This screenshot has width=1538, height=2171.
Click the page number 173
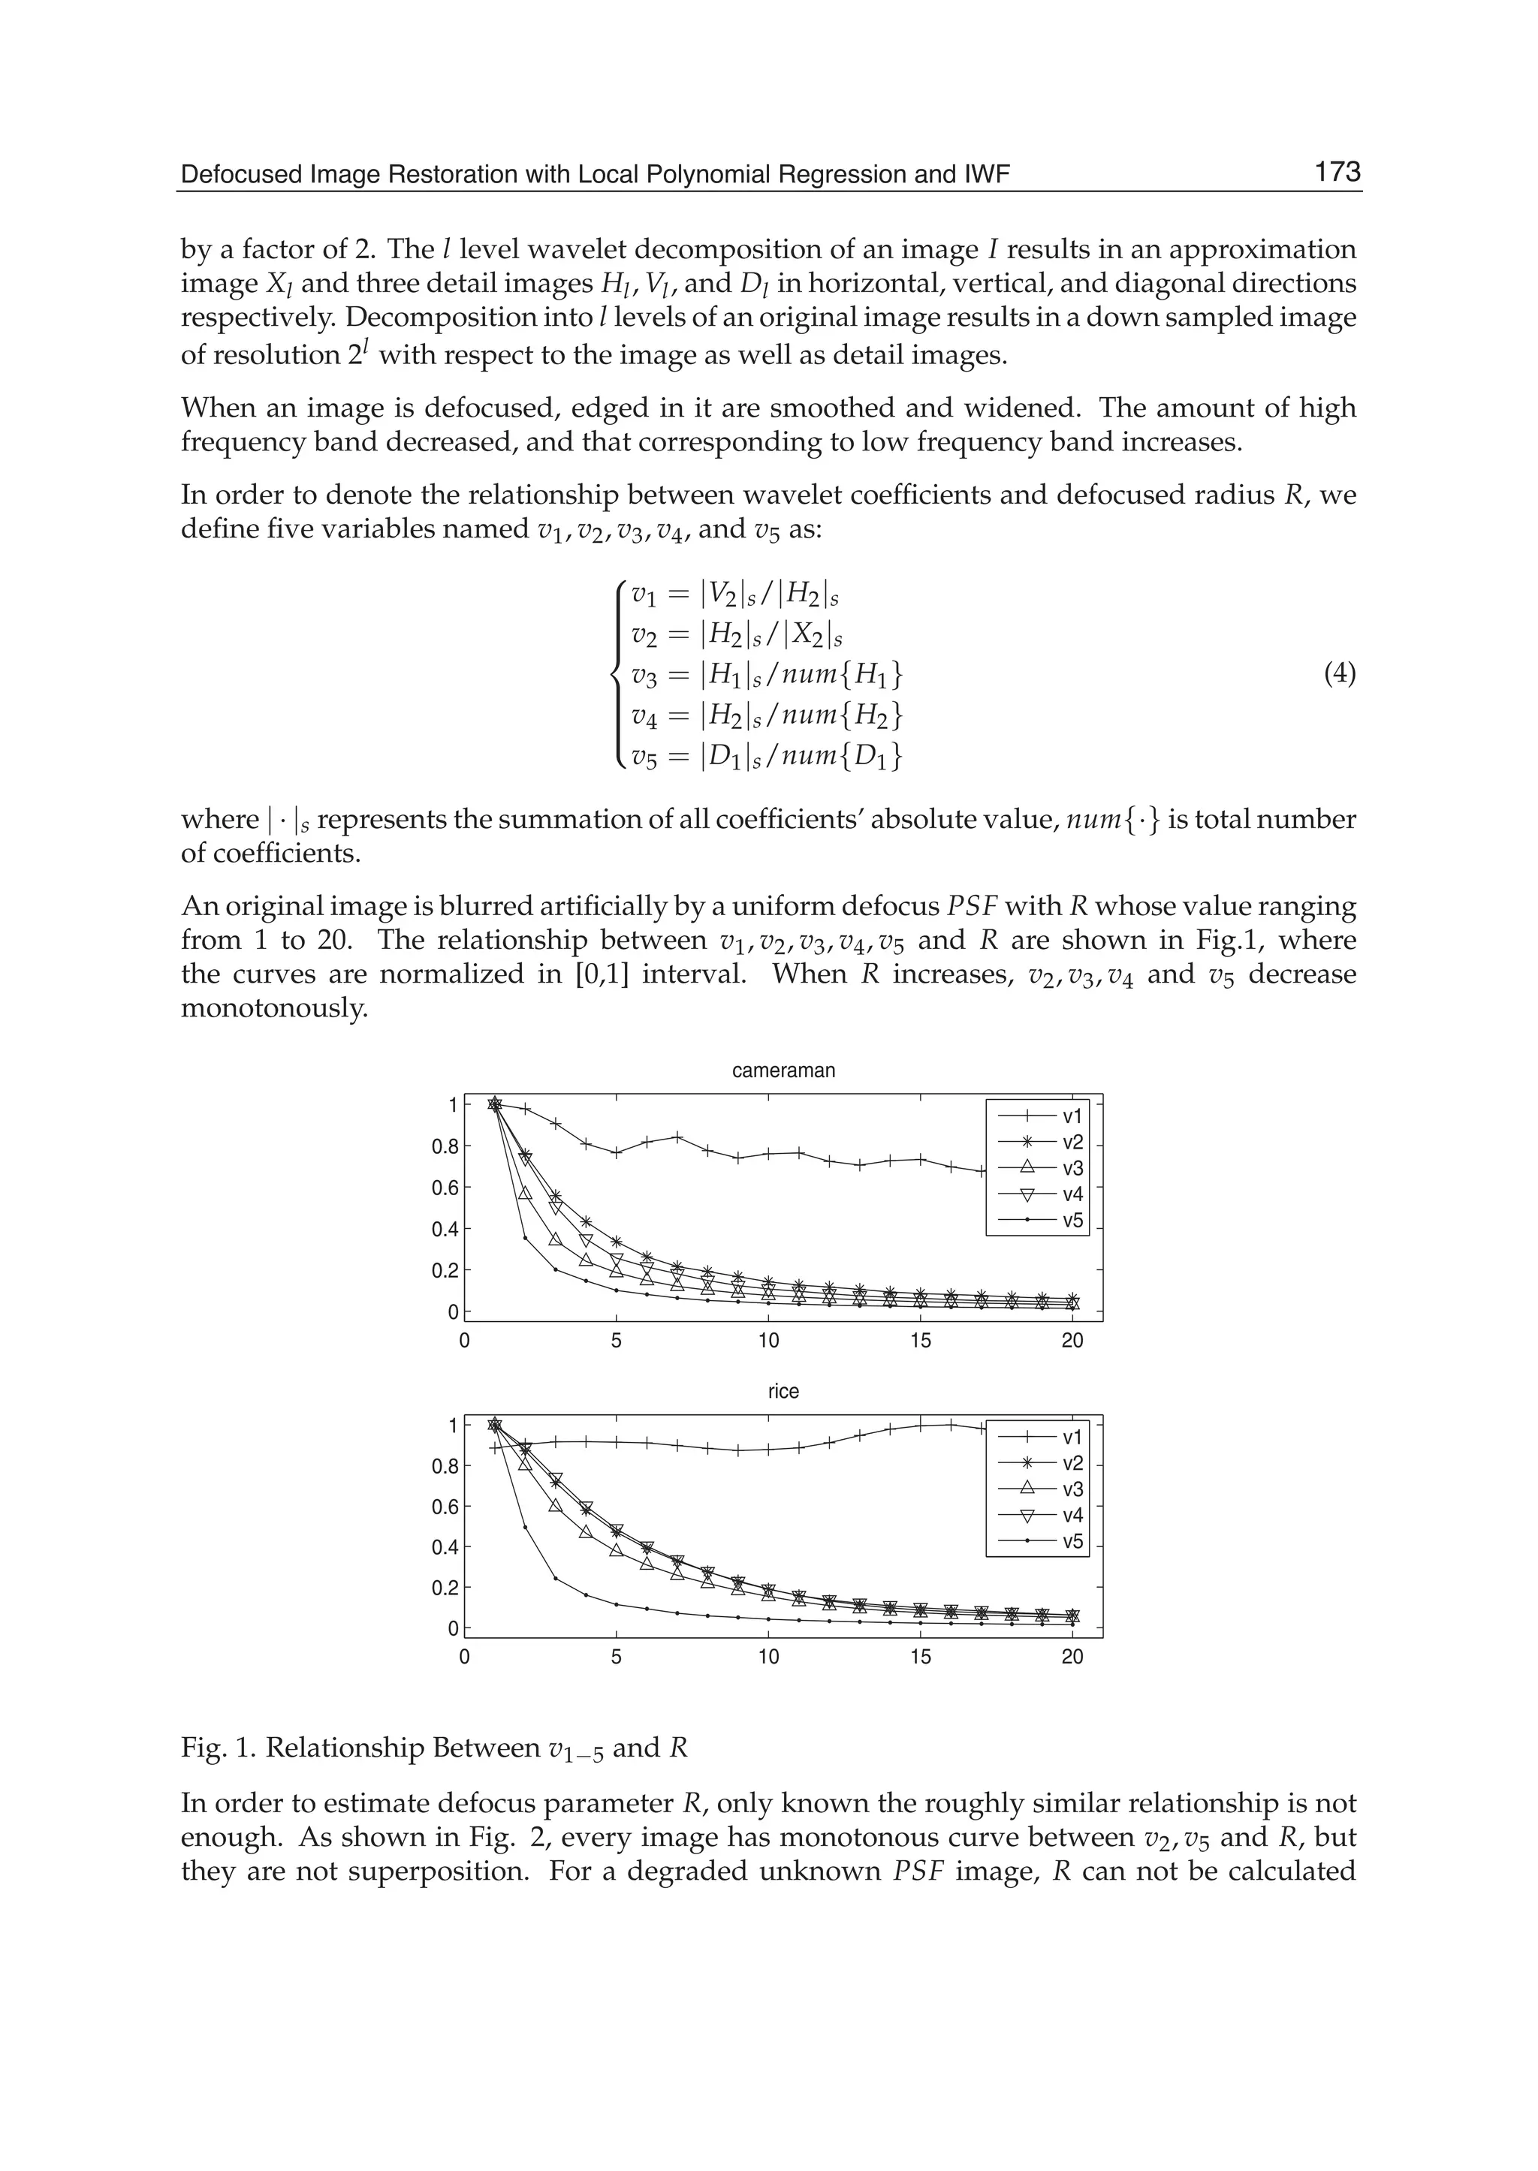(1336, 173)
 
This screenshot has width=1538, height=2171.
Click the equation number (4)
(1339, 674)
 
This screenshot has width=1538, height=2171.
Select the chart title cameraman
(783, 1070)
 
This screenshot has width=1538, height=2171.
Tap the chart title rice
(783, 1391)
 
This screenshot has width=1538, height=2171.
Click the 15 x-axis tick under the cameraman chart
(921, 1341)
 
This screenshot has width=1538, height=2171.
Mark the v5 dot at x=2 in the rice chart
(526, 1527)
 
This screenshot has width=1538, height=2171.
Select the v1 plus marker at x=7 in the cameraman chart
(677, 1136)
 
